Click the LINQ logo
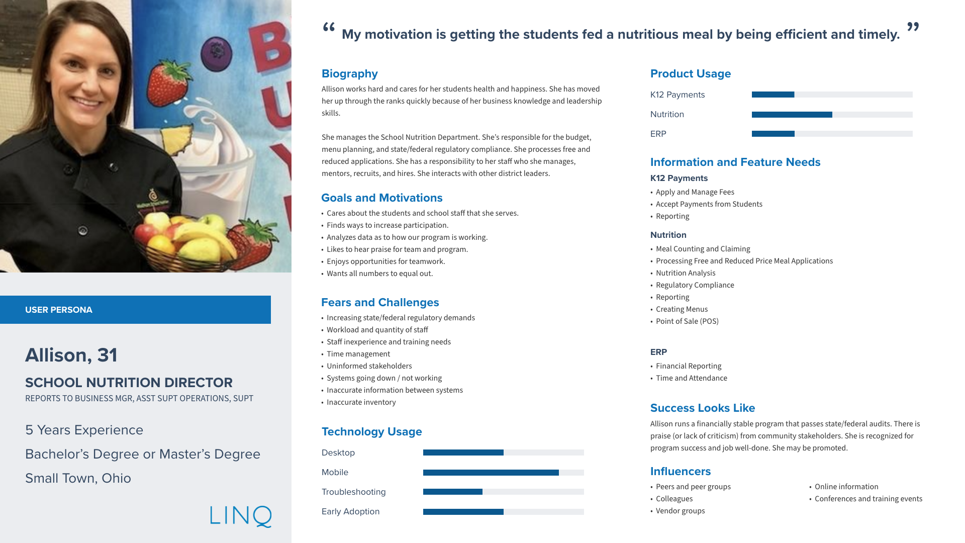coord(241,516)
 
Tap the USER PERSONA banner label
coord(59,310)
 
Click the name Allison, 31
coord(71,355)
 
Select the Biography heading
coord(349,74)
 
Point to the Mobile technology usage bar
coord(503,473)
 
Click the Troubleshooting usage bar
coord(503,492)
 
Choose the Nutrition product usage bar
coord(832,115)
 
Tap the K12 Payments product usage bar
coord(832,95)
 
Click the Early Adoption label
coord(350,511)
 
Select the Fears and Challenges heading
coord(380,303)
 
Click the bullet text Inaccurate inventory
coord(361,402)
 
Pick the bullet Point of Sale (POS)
coord(687,321)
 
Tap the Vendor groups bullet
coord(680,511)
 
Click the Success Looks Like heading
coord(702,408)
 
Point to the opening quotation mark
coord(329,28)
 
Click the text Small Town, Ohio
coord(78,478)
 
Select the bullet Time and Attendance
coord(691,378)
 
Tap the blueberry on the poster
coord(216,50)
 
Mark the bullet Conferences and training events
coord(868,499)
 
